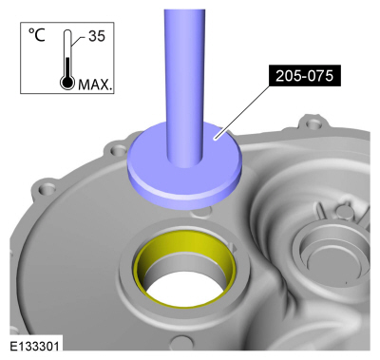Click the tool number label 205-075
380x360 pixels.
click(x=305, y=76)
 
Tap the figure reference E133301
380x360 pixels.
click(x=34, y=346)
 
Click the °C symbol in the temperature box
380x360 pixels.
click(x=37, y=35)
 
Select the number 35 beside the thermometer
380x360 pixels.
click(x=97, y=36)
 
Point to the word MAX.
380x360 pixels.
click(x=95, y=85)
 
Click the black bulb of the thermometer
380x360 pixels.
click(x=67, y=83)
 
